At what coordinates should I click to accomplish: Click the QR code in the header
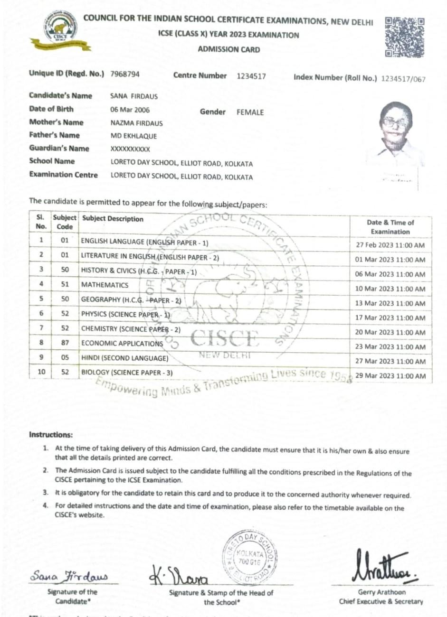coord(404,37)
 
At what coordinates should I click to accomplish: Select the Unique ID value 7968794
coord(125,75)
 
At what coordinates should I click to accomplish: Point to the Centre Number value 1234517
coord(251,76)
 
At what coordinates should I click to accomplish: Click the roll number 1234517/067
coord(403,79)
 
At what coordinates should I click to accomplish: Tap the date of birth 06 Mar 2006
coord(130,110)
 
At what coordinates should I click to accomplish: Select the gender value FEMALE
coord(250,112)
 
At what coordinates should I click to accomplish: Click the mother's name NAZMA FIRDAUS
coord(136,123)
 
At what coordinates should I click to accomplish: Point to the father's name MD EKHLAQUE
coord(133,136)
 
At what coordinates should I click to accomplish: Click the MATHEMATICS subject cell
coord(105,285)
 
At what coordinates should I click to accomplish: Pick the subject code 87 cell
coord(65,343)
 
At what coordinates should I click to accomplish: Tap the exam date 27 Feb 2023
coord(390,245)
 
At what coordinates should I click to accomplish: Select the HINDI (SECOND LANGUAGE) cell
coord(125,358)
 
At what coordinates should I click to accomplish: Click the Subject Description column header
coord(113,219)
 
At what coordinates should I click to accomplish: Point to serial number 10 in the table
coord(41,372)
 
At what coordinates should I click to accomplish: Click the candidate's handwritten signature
coord(69,577)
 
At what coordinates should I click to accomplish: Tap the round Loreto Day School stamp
coord(250,556)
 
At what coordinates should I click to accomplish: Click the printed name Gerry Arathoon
coord(381,592)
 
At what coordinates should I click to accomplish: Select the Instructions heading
coord(51,434)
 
